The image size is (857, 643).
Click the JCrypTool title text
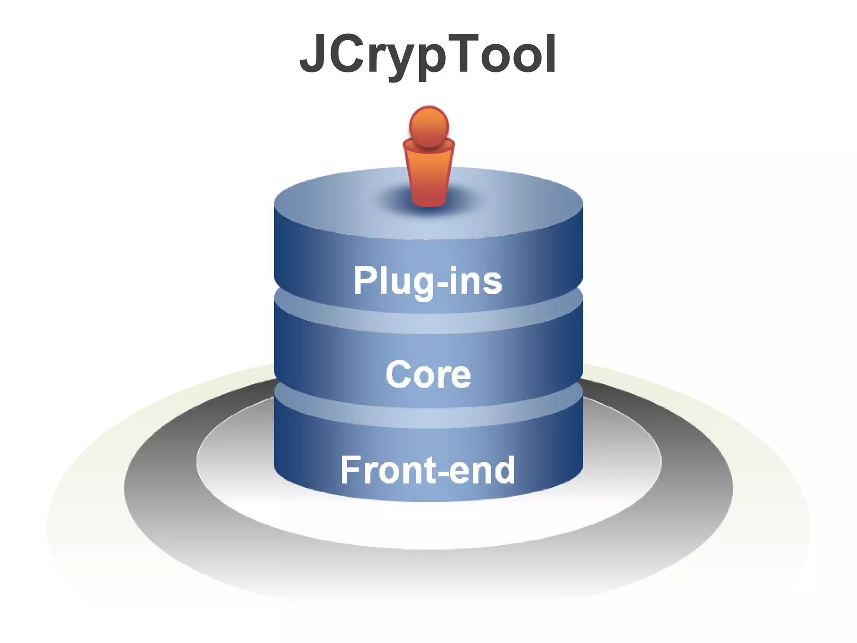[428, 54]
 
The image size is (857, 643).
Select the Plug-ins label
[428, 281]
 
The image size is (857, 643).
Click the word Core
[428, 374]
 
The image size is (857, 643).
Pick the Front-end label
[428, 470]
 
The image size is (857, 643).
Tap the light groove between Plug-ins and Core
[428, 322]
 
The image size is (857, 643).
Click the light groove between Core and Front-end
[428, 417]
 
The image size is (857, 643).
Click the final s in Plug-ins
[493, 283]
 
